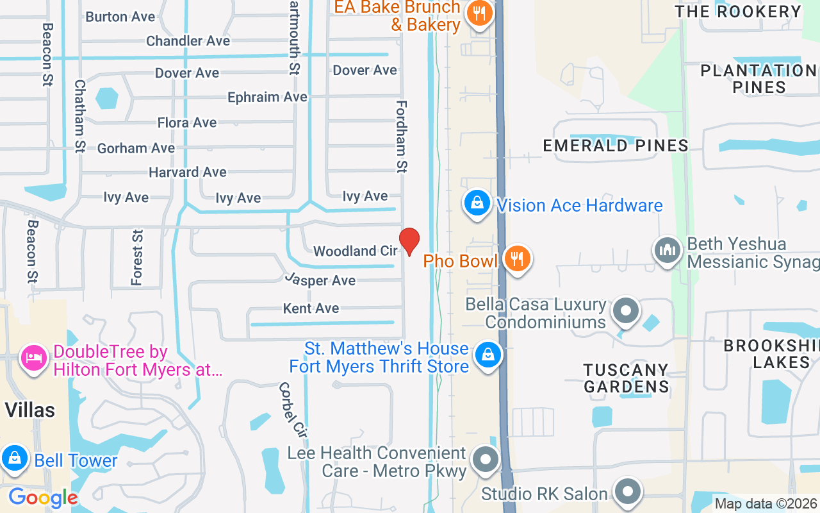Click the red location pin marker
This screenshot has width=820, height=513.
coord(409,242)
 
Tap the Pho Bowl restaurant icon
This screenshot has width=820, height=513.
coord(516,258)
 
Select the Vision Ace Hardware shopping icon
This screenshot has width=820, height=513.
coord(477,203)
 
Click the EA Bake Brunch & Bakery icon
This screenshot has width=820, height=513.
coord(478,12)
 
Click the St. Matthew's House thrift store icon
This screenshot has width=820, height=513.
coord(488,355)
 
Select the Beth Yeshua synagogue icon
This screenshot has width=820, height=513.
coord(667,250)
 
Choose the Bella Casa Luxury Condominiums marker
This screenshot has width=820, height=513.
coord(625,312)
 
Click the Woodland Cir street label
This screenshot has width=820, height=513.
coord(356,251)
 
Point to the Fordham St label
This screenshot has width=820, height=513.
coord(402,137)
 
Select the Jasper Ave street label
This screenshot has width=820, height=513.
coord(320,280)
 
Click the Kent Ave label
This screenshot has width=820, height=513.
coord(311,308)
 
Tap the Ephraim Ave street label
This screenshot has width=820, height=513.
coord(268,97)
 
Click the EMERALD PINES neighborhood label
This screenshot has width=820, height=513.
coord(616,146)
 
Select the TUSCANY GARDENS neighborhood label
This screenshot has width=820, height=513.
coord(626,378)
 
